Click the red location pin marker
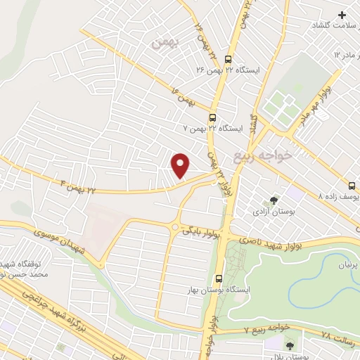(181, 165)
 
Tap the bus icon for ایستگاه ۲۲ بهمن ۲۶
(227, 59)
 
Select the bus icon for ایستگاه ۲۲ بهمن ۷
(212, 119)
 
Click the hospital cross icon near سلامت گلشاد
(342, 15)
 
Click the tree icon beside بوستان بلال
(290, 345)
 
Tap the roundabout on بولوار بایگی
(174, 226)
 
